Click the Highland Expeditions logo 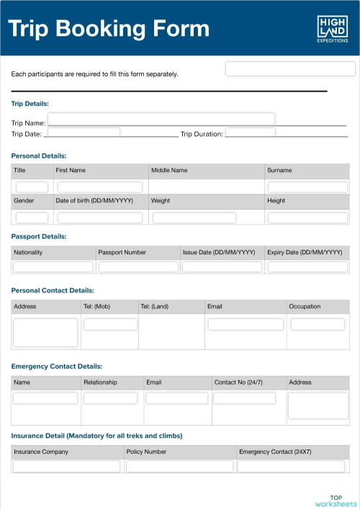coord(333,30)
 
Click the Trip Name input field coord(161,119)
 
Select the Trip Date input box coord(84,133)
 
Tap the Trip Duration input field coord(251,133)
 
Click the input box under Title coord(32,187)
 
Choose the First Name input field coord(100,187)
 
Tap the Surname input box coord(307,187)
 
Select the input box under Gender coord(32,218)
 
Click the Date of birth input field coord(100,218)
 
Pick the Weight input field coord(194,218)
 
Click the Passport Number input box coord(138,267)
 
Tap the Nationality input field coord(53,267)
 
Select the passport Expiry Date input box coord(307,267)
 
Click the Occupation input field coord(318,324)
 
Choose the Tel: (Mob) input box coord(110,324)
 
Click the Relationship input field coord(110,398)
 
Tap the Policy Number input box coord(180,466)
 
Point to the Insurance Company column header coord(41,452)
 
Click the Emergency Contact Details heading coord(57,366)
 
